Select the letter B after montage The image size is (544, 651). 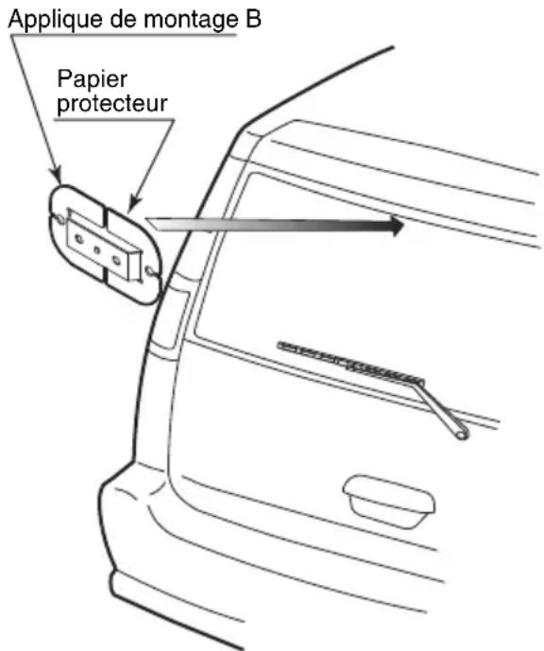point(253,19)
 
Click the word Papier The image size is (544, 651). point(92,79)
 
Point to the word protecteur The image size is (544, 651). point(112,103)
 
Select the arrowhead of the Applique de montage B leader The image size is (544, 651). point(57,176)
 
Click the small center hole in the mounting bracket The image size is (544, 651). point(97,250)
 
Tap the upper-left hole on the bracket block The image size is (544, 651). point(78,239)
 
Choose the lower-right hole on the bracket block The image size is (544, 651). point(116,261)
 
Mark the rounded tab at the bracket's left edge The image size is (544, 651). point(59,219)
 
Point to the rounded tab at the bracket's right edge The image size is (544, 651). point(151,272)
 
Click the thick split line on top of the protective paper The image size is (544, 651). point(106,219)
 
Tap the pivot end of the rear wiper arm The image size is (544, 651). point(462,435)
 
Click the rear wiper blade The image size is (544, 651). point(350,361)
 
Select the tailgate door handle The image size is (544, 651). point(389,501)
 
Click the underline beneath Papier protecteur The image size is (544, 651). point(114,120)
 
